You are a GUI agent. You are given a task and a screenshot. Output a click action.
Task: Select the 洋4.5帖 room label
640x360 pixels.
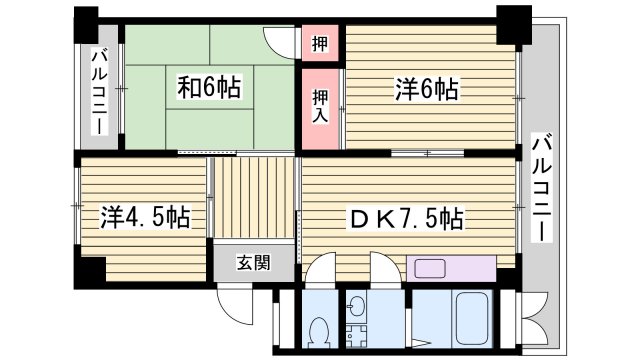tap(145, 215)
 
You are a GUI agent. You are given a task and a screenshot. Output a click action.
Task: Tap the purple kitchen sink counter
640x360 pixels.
tap(451, 268)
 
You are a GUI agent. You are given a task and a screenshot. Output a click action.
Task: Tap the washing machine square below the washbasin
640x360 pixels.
tap(358, 336)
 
